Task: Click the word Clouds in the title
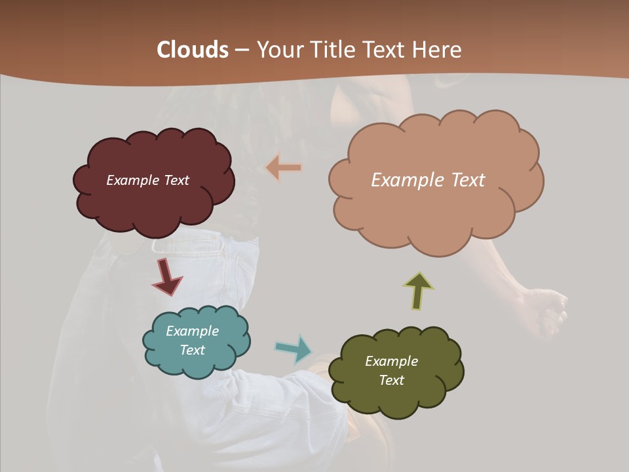[193, 50]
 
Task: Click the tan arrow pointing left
[284, 168]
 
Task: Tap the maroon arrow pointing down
[166, 277]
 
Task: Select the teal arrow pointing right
[294, 348]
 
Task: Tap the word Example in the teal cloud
[192, 331]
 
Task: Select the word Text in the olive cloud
[391, 380]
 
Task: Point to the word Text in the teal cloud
[192, 350]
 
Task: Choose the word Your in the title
[277, 50]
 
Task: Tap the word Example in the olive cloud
[391, 361]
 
